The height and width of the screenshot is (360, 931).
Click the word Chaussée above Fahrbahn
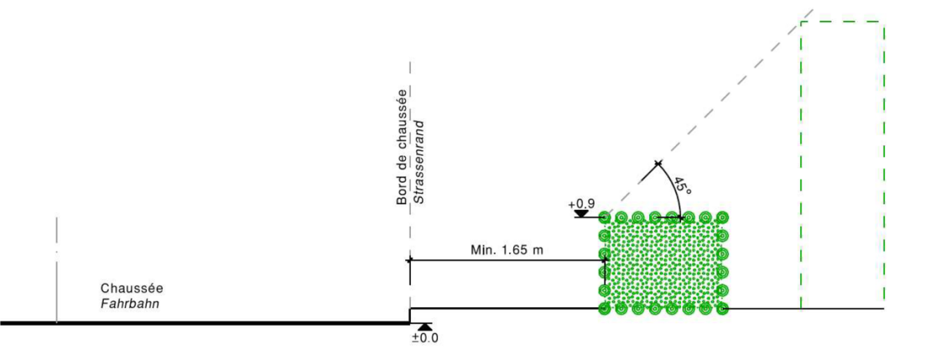(132, 288)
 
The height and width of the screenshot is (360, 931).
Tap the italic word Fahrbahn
(130, 304)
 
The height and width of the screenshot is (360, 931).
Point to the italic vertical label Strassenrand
(419, 163)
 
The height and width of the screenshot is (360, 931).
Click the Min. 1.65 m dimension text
(507, 250)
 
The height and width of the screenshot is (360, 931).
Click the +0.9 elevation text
(580, 205)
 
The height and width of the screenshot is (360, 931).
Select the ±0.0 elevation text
(425, 338)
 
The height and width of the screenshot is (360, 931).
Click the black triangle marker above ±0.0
(425, 326)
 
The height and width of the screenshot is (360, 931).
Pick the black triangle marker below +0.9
(581, 214)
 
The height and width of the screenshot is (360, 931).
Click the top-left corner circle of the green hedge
(605, 217)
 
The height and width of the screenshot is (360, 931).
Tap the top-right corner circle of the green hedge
(722, 217)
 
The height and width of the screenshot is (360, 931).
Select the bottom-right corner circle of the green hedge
(722, 308)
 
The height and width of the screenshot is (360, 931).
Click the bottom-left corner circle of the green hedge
(605, 308)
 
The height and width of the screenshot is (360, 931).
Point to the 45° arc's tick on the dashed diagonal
(658, 163)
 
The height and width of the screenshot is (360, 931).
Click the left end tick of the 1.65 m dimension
(409, 260)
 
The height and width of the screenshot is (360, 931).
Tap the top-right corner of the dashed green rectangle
(884, 22)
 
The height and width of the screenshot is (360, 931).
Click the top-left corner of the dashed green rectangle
(801, 22)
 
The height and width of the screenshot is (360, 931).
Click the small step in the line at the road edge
(409, 315)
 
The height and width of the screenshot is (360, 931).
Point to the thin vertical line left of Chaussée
(56, 269)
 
